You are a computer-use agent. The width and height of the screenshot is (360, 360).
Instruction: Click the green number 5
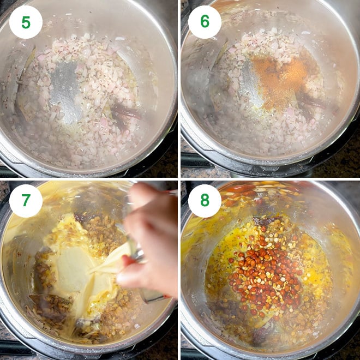[x=26, y=22]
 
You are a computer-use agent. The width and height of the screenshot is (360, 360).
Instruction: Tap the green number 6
[x=205, y=21]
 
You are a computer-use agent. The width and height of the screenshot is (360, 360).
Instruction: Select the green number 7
[x=26, y=200]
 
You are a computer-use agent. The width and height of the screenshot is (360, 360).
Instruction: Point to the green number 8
[x=205, y=200]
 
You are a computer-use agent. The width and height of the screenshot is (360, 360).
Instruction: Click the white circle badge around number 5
[x=26, y=22]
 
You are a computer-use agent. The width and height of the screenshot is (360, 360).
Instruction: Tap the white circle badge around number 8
[x=205, y=200]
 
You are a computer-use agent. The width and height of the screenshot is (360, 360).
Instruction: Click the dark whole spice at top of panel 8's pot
[x=266, y=220]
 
